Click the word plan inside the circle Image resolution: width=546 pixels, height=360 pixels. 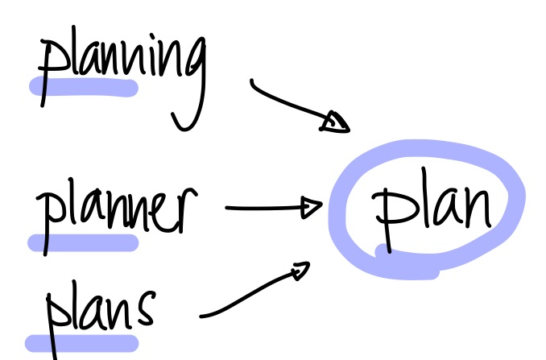[x=432, y=209]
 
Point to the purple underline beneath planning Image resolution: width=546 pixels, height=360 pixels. [x=84, y=87]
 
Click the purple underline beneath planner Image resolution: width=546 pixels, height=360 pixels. [x=83, y=242]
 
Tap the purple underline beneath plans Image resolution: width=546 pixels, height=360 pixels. [x=82, y=343]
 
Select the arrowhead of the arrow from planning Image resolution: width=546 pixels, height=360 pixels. [x=334, y=122]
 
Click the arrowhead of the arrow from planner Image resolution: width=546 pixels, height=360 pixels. [x=311, y=208]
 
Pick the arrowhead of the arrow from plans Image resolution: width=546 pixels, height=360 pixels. [x=301, y=270]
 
